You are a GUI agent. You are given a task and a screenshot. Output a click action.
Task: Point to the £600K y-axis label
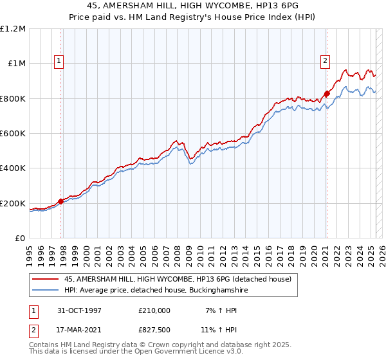click(13, 134)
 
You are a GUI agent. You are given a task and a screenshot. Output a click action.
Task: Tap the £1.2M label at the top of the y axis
click(13, 29)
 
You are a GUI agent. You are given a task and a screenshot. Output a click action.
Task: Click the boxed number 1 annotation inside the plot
click(59, 61)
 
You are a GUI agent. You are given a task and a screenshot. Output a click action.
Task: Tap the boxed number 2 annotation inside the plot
click(326, 61)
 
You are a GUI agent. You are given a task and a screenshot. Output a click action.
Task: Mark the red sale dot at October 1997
click(61, 201)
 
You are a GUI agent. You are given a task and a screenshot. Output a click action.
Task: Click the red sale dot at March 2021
click(327, 93)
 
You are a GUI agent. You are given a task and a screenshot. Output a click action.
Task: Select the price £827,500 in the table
click(154, 330)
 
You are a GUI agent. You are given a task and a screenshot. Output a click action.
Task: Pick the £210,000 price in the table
click(154, 310)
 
